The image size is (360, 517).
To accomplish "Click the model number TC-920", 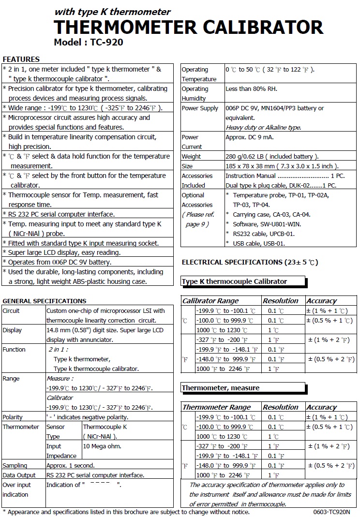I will [x=106, y=42].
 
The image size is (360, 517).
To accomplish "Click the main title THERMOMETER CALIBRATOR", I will [x=188, y=27].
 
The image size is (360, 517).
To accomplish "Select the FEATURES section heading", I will [x=21, y=59].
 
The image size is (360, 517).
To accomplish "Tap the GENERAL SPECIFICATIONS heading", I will [x=45, y=301].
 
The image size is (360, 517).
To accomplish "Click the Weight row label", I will [x=191, y=157].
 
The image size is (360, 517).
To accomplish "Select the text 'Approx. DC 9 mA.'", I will [x=249, y=137].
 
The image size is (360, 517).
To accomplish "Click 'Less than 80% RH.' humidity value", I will [x=252, y=89].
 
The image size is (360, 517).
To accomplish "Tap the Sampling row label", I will [x=15, y=465].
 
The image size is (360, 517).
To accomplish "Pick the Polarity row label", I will [x=13, y=417].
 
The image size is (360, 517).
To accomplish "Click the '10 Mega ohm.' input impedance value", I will [x=102, y=446].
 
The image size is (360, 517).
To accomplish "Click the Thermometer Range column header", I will [x=216, y=407].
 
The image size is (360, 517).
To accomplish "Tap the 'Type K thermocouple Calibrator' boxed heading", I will [x=235, y=281].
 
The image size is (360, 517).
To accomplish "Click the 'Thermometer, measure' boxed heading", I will [x=221, y=388].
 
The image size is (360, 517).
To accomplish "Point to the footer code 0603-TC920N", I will [x=329, y=512].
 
